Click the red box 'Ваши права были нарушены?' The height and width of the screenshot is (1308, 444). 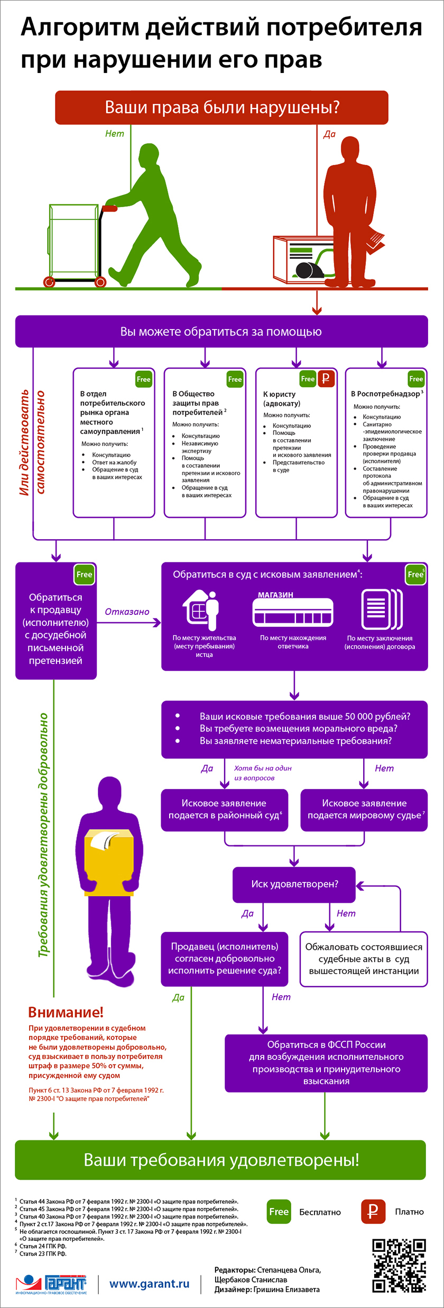221,107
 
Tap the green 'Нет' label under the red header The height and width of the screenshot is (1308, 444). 114,134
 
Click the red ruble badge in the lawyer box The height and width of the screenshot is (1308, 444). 326,378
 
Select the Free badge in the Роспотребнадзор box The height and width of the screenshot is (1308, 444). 416,378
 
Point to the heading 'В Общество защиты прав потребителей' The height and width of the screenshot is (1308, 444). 196,403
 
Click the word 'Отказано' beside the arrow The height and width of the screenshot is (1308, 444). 127,612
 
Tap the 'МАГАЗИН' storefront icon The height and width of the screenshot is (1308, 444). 293,612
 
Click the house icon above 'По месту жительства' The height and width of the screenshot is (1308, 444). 201,608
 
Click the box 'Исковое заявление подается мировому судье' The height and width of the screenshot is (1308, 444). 364,810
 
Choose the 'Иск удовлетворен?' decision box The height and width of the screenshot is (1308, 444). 294,884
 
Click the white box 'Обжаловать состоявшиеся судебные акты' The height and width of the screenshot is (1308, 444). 364,959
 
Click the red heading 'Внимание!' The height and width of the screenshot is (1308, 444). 66,1012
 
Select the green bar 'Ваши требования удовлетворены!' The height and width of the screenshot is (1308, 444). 220,1160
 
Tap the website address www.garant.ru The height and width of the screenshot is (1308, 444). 149,1284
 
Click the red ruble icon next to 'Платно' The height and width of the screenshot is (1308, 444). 373,1212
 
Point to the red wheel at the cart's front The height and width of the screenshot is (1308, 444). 49,282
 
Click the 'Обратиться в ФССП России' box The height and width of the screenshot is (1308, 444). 326,1063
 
